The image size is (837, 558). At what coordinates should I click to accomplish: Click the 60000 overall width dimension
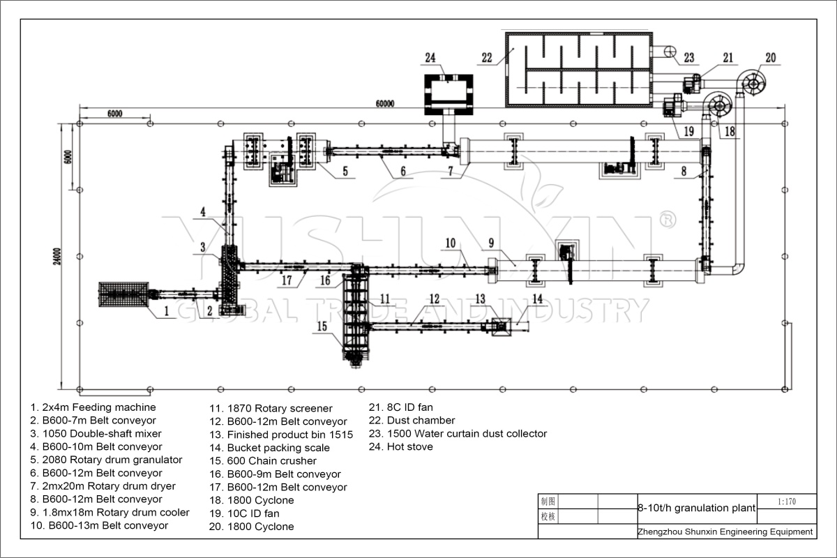tap(384, 103)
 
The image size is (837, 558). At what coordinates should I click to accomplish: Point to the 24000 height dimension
tap(56, 257)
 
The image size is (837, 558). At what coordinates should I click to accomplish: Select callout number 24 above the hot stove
tap(430, 58)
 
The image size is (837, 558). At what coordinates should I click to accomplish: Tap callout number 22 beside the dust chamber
tap(487, 58)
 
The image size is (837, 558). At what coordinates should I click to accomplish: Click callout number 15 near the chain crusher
tap(322, 326)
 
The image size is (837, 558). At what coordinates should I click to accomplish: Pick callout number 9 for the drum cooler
tap(491, 243)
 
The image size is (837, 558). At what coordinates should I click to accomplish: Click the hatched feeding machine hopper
tap(123, 294)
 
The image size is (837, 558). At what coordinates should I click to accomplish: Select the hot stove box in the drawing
tap(448, 95)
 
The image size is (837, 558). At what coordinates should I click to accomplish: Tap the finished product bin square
tap(501, 327)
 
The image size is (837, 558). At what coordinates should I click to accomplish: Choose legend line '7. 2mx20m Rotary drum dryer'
tap(103, 486)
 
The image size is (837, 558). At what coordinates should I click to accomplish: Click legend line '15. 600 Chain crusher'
tap(263, 461)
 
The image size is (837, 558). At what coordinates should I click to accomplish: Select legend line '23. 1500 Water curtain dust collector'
tap(458, 434)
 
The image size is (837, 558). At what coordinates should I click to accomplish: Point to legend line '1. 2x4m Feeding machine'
tap(93, 407)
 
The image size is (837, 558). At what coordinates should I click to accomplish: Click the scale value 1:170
tap(787, 502)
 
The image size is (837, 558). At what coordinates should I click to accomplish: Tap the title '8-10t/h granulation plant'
tap(697, 508)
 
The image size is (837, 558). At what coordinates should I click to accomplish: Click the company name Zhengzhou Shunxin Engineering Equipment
tap(725, 531)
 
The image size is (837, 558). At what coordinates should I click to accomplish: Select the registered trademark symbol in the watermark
tap(667, 220)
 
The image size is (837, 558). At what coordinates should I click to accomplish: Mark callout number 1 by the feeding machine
tap(167, 311)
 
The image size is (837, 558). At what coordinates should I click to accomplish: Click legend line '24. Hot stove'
tap(400, 446)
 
